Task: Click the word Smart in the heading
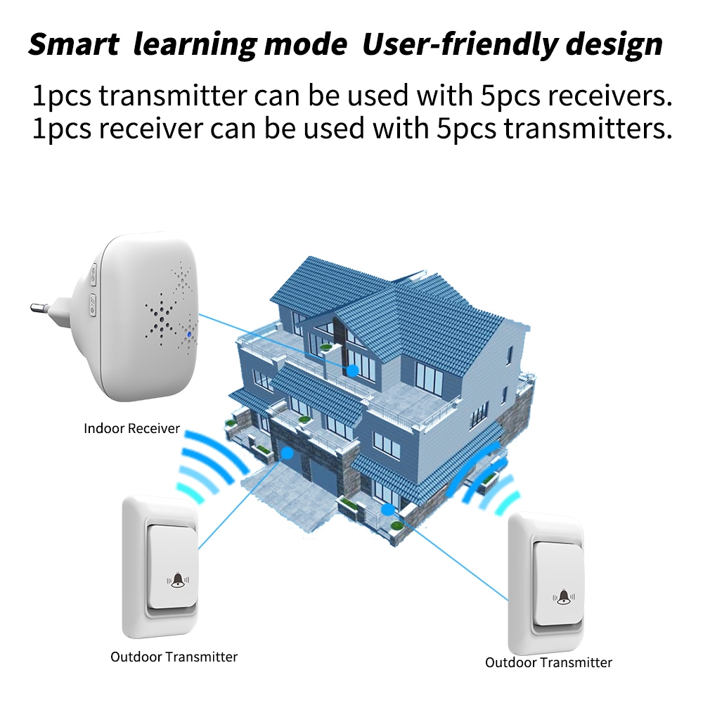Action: point(73,45)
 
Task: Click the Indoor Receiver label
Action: point(132,427)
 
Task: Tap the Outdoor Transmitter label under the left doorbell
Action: point(174,657)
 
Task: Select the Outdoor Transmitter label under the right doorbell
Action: point(548,662)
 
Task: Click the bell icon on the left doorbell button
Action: point(178,580)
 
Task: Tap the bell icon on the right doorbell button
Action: point(564,597)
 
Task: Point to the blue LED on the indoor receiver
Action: point(190,335)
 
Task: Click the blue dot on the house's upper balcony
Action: point(353,369)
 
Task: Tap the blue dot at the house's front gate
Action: point(288,453)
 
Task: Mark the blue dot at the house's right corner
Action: point(385,508)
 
